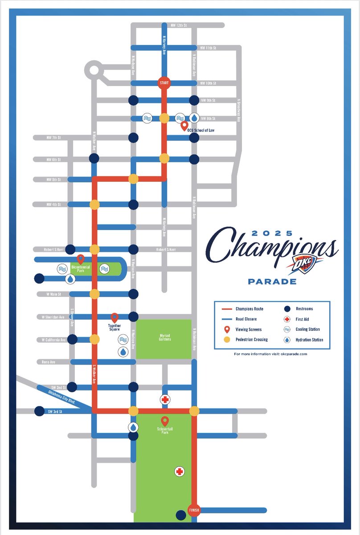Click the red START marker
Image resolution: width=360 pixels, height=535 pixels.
[164, 83]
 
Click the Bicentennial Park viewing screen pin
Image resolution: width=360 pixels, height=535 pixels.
[81, 259]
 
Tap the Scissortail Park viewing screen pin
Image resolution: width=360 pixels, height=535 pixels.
[165, 421]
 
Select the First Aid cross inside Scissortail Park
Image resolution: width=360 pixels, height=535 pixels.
[179, 471]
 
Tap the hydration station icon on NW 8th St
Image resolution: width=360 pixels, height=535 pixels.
[195, 118]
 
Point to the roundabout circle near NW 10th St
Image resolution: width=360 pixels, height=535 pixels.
[94, 70]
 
